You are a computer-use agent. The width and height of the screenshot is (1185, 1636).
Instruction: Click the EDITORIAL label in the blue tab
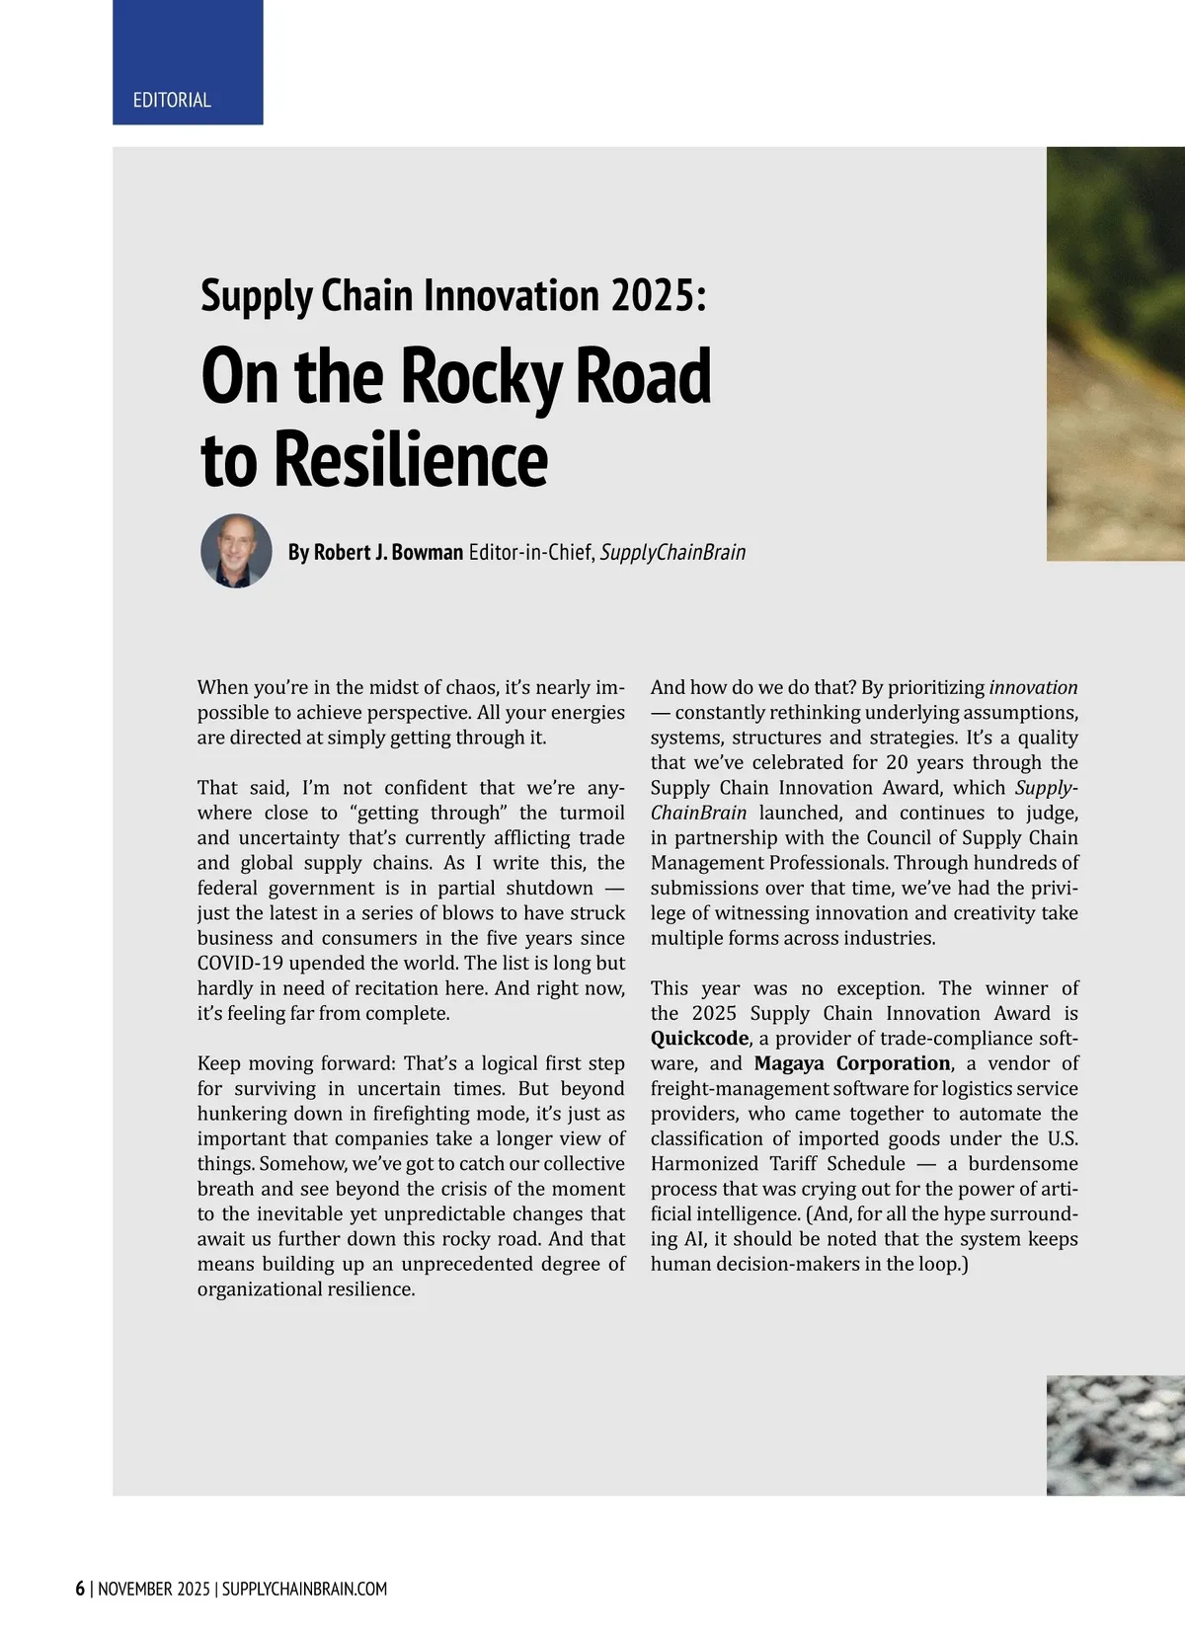172,100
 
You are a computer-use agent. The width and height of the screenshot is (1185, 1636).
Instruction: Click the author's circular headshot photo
236,550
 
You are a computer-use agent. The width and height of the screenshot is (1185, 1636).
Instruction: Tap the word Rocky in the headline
481,377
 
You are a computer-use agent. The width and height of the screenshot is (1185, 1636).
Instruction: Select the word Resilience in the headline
410,459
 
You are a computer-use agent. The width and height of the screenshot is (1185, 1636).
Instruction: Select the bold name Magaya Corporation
852,1063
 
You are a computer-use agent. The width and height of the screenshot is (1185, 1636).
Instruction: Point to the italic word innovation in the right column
1033,687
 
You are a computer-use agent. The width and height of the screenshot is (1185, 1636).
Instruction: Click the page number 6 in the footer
80,1589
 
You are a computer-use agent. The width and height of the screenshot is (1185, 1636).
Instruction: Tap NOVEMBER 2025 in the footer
153,1589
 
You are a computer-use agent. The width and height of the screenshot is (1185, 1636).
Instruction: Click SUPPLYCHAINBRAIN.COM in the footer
304,1589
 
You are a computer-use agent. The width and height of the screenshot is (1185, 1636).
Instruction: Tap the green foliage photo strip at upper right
1115,296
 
